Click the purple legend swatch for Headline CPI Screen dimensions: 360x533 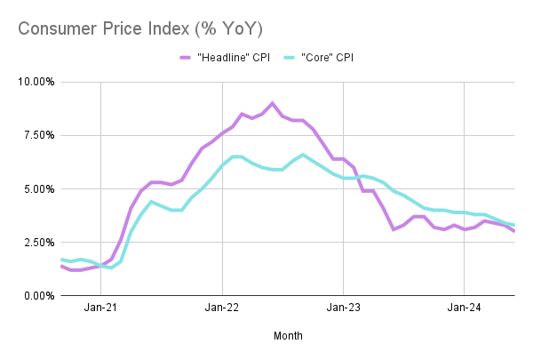click(186, 58)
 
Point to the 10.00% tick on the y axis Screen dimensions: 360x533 click(34, 82)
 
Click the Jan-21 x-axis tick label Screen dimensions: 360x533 click(101, 310)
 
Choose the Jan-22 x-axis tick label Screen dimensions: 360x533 click(222, 310)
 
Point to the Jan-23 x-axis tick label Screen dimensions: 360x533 click(343, 310)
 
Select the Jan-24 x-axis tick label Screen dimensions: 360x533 click(464, 310)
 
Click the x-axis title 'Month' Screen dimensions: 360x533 click(288, 336)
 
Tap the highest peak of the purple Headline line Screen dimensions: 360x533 click(272, 103)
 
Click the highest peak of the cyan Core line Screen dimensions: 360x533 click(302, 155)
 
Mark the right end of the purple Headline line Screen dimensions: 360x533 click(513, 231)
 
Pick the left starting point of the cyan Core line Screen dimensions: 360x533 click(61, 259)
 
